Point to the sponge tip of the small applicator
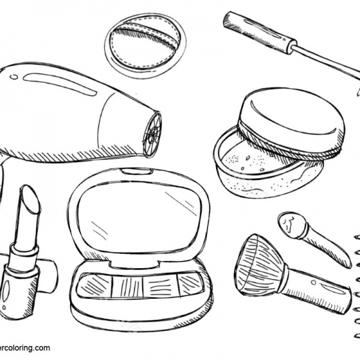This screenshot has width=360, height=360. [291, 224]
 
